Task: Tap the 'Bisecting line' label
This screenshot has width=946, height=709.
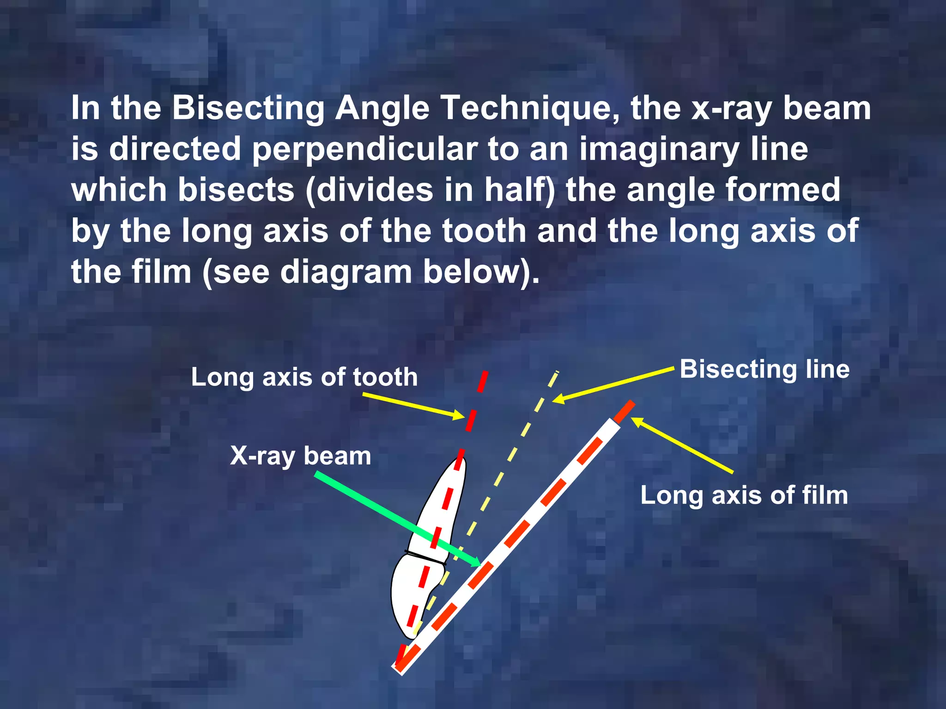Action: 764,369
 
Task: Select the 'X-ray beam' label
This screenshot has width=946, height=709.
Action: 300,456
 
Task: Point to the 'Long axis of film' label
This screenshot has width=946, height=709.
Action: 744,495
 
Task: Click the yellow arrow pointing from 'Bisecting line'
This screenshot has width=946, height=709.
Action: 614,385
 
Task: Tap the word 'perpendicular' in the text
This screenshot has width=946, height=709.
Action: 364,149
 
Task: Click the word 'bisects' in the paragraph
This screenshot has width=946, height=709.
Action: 236,190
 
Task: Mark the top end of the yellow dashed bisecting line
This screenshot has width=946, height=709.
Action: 557,372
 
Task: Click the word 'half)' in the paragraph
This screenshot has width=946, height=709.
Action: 520,190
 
